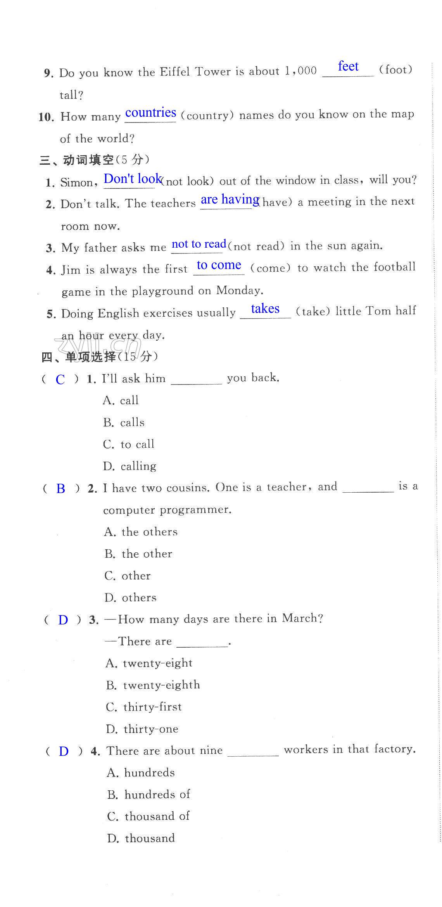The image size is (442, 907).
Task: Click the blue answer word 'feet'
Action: [348, 66]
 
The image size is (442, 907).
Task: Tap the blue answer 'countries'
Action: [150, 113]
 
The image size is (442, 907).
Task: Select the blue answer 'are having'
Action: [230, 200]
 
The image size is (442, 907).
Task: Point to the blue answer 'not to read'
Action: [199, 244]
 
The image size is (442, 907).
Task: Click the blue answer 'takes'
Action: [265, 309]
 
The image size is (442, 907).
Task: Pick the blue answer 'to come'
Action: [219, 265]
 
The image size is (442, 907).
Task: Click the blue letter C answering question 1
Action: [60, 379]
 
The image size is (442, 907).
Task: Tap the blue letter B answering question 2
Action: [60, 488]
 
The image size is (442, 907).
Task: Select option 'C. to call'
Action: [129, 444]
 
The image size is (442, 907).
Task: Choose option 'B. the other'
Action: [138, 554]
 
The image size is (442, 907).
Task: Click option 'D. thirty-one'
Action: [142, 729]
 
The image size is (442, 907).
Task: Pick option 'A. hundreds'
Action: [141, 773]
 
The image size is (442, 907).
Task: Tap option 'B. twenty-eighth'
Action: [153, 685]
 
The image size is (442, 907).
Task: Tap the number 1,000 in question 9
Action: [300, 71]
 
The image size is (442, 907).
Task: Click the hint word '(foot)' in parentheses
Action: [395, 70]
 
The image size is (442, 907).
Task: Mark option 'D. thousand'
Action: [141, 838]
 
